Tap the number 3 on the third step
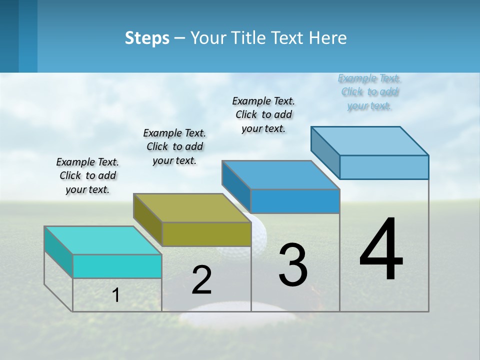[x=292, y=265]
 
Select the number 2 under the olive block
[x=201, y=280]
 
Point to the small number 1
[x=115, y=295]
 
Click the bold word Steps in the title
[x=147, y=38]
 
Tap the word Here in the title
[x=328, y=38]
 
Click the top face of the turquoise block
[x=102, y=240]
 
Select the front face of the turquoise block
[x=117, y=266]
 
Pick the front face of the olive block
[x=206, y=234]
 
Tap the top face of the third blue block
[x=280, y=175]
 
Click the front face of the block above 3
[x=295, y=201]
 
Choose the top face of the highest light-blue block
[x=369, y=141]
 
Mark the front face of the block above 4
[x=384, y=167]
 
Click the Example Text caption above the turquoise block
[x=87, y=175]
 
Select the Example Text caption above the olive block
[x=174, y=146]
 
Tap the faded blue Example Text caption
[x=369, y=92]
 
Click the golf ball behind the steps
[x=259, y=231]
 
